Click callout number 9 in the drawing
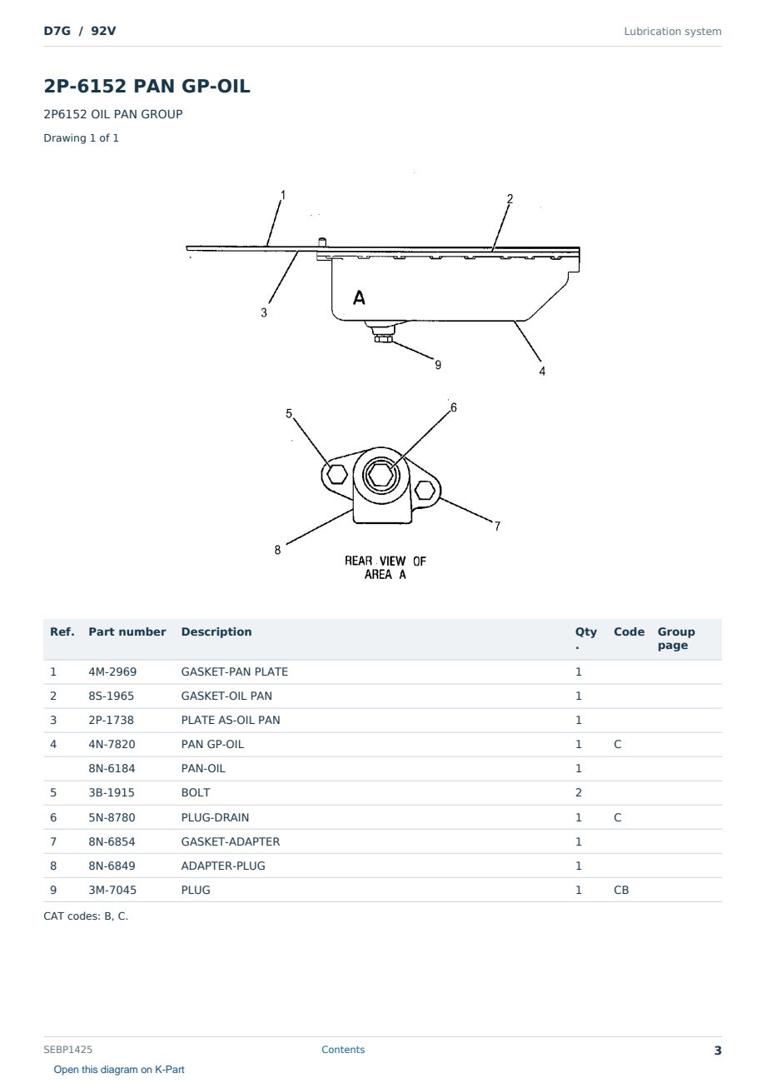tap(438, 365)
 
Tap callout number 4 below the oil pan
tap(542, 371)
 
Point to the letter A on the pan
tap(359, 297)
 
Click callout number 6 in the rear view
tap(453, 407)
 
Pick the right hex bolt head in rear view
tap(425, 490)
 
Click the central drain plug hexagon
tap(381, 475)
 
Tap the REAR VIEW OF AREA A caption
tap(385, 567)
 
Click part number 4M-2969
tap(112, 671)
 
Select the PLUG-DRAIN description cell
tap(215, 817)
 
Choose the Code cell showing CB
tap(621, 890)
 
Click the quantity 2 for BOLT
tap(579, 792)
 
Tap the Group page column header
tap(676, 638)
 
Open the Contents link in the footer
tap(343, 1049)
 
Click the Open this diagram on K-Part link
tap(119, 1069)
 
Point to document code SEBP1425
tap(67, 1049)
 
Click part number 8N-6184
tap(112, 768)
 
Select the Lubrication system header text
tap(672, 32)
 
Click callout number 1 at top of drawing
tap(283, 195)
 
